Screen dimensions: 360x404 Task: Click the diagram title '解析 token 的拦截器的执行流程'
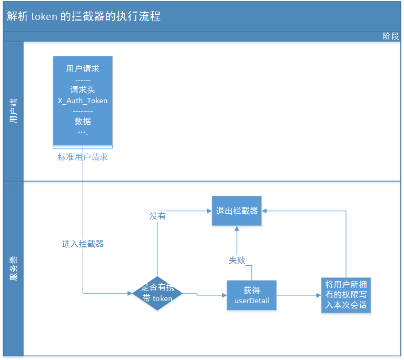pos(84,16)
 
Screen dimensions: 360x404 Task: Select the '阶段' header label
pos(390,36)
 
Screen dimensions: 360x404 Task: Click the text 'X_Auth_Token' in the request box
pos(83,101)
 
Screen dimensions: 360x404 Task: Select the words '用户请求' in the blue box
pos(83,68)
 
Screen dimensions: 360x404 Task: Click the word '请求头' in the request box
pos(83,90)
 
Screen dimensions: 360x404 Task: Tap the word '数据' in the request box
pos(83,121)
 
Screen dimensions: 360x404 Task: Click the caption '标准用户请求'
pos(83,157)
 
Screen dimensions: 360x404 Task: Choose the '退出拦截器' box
pos(237,211)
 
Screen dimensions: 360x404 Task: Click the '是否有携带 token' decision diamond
pos(157,293)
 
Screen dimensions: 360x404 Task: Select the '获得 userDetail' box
pos(252,295)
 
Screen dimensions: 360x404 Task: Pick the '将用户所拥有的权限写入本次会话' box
pos(346,295)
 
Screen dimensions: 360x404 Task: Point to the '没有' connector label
pos(157,216)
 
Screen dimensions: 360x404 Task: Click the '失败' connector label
pos(237,260)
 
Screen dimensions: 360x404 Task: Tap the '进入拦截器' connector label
pos(83,244)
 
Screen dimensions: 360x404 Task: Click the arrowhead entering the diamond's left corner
pos(130,293)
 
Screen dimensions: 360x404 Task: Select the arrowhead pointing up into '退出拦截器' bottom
pos(237,228)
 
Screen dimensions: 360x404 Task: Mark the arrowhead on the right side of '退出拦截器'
pos(264,211)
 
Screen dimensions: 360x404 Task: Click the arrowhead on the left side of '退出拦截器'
pos(209,211)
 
